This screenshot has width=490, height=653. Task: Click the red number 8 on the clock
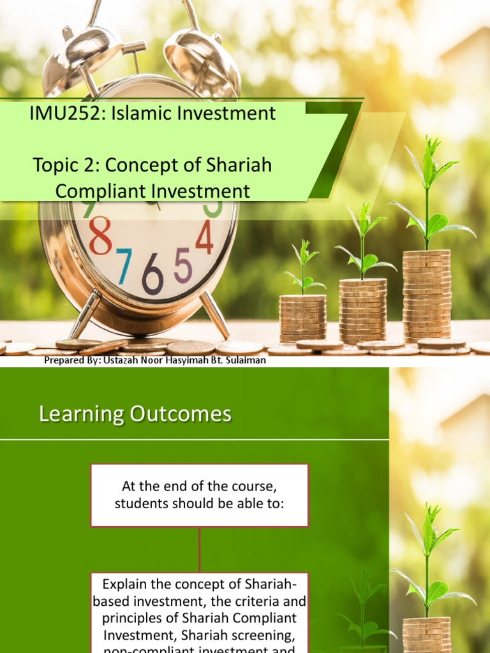point(100,236)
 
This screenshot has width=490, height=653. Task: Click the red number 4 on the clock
point(204,238)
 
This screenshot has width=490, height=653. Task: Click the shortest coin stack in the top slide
point(302,318)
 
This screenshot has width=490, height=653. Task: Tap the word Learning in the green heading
point(81,415)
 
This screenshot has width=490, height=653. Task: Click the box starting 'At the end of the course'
point(199,495)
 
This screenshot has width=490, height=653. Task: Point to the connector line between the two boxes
point(200,549)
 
